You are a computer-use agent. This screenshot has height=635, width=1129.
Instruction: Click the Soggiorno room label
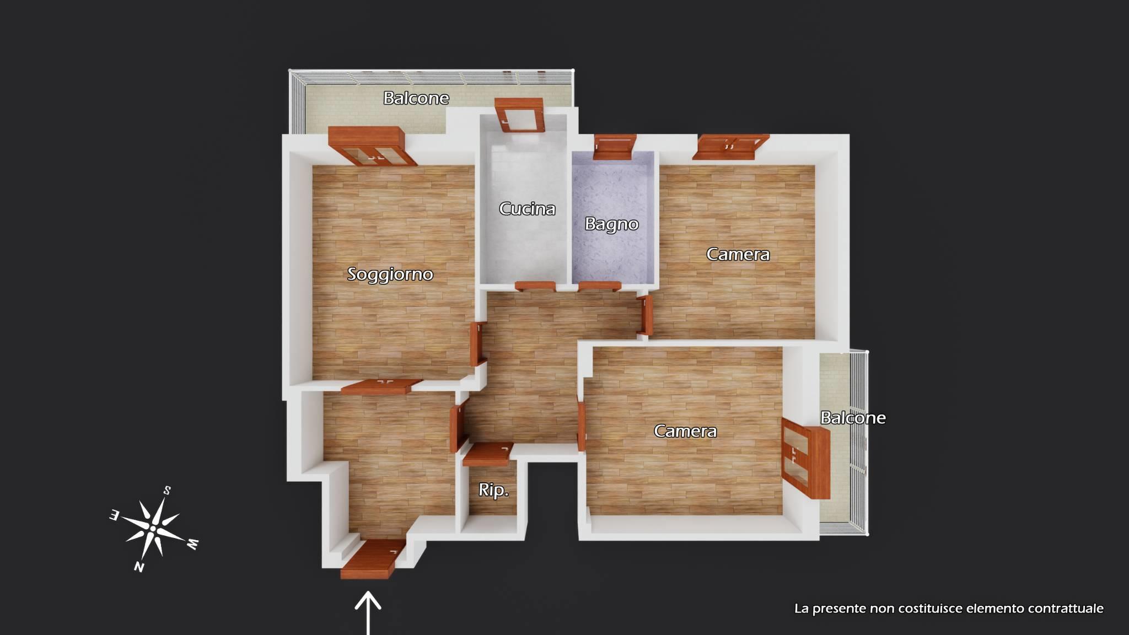coord(390,275)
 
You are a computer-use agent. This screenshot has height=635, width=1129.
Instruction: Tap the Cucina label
coord(527,208)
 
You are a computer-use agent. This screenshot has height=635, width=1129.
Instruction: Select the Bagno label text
coord(611,224)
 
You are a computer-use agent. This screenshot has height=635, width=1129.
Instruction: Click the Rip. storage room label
coord(493,489)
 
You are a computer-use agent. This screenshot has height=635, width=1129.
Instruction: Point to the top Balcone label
coord(416,98)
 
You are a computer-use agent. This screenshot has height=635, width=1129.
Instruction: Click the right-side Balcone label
coord(853,418)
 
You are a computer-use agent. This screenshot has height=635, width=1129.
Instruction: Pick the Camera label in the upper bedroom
coord(738,254)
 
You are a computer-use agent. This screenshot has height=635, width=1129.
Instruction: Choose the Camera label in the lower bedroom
coord(685,431)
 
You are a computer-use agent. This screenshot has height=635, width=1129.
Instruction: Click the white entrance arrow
coord(368,613)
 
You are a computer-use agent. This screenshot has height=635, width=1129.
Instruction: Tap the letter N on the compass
coord(139,567)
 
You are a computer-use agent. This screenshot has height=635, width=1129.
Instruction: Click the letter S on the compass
coord(167,490)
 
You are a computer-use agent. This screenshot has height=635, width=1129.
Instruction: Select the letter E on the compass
coord(115,515)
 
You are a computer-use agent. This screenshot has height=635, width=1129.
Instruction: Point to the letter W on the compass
coord(192,544)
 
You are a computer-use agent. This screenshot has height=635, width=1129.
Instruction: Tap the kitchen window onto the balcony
coord(519,115)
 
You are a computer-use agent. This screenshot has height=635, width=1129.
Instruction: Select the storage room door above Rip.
coord(488,454)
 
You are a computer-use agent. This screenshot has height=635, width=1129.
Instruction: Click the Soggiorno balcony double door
coord(372,146)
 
